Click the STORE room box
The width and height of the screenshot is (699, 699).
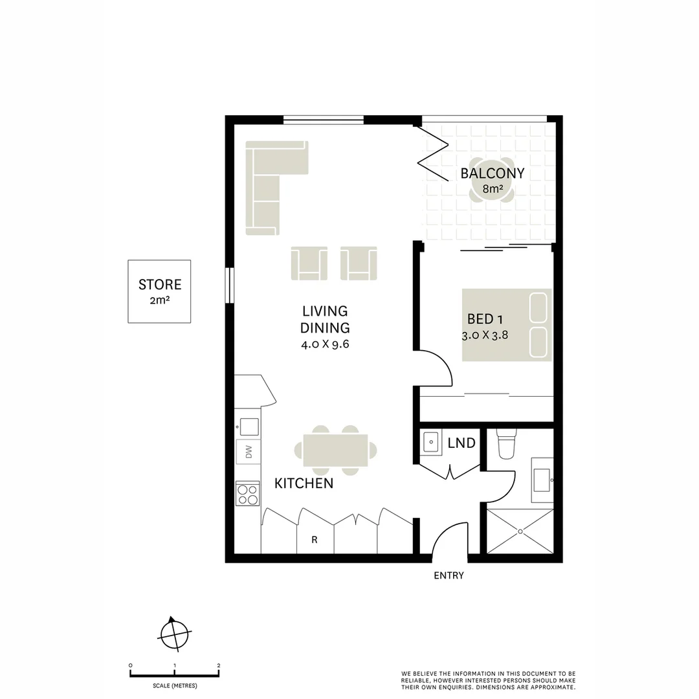pos(159,291)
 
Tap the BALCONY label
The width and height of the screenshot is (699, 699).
pos(492,173)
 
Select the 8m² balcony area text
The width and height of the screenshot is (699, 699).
pos(493,190)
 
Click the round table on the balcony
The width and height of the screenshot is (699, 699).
pos(492,182)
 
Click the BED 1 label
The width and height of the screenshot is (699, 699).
pos(485,319)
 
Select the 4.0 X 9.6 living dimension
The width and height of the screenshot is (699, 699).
pos(325,344)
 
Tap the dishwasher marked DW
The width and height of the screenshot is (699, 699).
pos(248,451)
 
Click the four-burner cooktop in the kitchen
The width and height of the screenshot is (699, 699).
pos(247,494)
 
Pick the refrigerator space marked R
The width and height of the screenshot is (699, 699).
pos(315,540)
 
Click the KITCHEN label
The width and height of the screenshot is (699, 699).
pos(304,483)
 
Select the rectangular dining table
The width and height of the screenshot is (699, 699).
pos(335,450)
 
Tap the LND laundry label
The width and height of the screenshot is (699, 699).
pos(461,443)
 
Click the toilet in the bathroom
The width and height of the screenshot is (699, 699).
pos(505,444)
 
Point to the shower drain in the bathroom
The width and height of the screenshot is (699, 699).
pos(520,531)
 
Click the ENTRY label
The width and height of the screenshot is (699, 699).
pos(449,575)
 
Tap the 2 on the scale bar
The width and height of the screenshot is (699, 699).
pos(219,665)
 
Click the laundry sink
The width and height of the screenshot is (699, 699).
pos(432,443)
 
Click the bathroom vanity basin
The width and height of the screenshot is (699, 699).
pos(542,480)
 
